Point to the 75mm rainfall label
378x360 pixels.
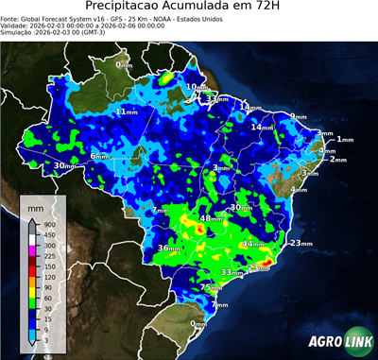tap(210, 286)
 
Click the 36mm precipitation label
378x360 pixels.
tap(167, 248)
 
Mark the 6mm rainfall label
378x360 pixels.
tap(99, 155)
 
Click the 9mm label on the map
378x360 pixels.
tap(299, 116)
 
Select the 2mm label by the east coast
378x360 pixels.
tap(336, 160)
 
